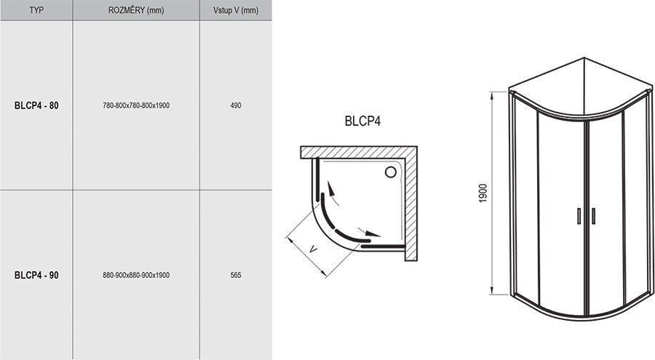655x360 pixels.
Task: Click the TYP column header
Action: [36, 10]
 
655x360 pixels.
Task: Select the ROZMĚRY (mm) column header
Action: [136, 10]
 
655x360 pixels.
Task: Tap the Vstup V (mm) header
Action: [236, 10]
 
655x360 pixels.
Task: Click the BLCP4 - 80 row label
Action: [36, 105]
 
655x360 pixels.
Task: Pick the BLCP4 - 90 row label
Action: [36, 275]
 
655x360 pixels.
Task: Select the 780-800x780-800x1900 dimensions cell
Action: [136, 105]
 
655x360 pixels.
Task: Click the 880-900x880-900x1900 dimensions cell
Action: [136, 275]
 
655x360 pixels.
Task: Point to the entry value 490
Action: [236, 105]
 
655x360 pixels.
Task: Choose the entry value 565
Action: [236, 275]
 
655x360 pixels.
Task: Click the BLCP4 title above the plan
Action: [362, 121]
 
